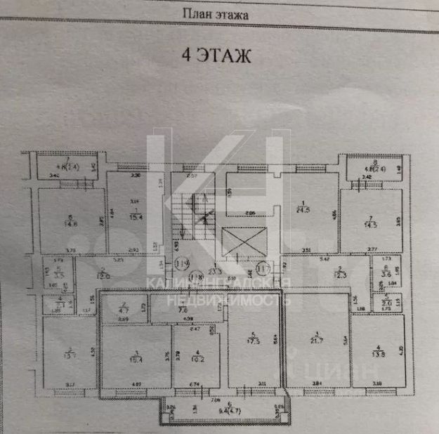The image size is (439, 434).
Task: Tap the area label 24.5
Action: click(x=303, y=209)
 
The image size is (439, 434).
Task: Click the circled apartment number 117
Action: click(x=263, y=267)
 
